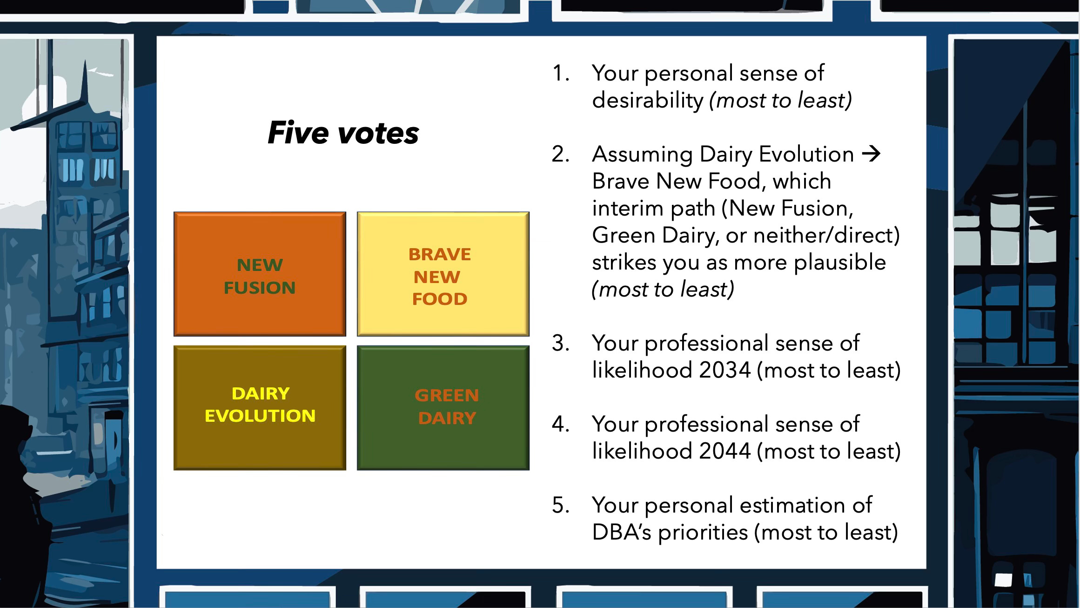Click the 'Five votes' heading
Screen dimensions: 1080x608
(x=343, y=133)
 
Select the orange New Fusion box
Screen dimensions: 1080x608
(x=260, y=274)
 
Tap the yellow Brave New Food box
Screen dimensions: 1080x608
(x=443, y=274)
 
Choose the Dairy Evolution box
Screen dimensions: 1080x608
(x=260, y=408)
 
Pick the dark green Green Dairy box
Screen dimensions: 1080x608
(x=443, y=408)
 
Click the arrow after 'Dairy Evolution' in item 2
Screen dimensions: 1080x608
(x=872, y=154)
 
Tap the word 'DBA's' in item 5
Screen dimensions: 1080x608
(x=622, y=532)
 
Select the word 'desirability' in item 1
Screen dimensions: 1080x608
(x=648, y=100)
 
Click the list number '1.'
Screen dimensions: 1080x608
(x=561, y=74)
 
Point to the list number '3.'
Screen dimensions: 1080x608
(x=561, y=344)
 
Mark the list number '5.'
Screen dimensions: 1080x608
(x=561, y=506)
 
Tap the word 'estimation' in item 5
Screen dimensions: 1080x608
(x=788, y=505)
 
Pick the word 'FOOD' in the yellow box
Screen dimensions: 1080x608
(x=440, y=299)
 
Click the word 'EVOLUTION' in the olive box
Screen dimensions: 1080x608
(x=260, y=416)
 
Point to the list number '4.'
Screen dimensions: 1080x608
(x=561, y=425)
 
